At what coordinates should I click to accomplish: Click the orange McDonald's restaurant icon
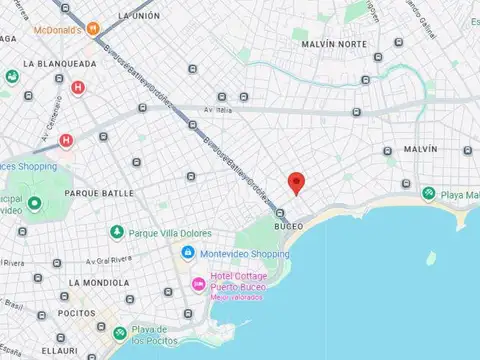pos(93,29)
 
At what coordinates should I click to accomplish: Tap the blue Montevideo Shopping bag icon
pos(187,254)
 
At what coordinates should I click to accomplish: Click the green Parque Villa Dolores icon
pos(117,232)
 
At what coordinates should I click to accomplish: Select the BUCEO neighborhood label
pos(289,226)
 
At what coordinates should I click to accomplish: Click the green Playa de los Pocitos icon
pos(119,332)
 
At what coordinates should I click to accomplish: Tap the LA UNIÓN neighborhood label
pos(140,16)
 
